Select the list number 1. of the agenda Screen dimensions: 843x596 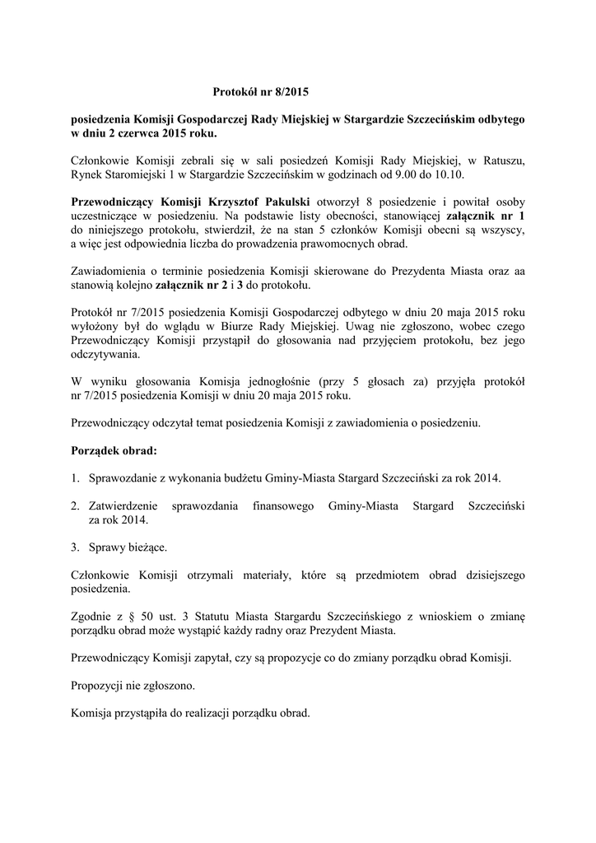pyautogui.click(x=75, y=478)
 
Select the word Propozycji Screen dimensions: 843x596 pyautogui.click(x=103, y=686)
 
